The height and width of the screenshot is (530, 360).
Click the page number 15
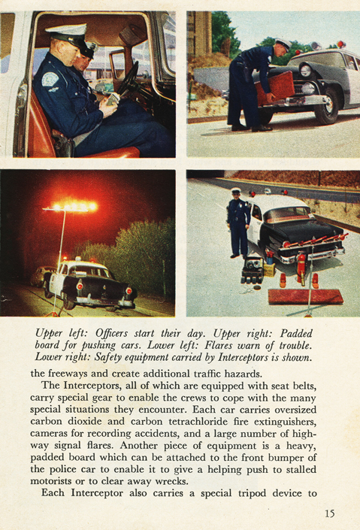coord(329,514)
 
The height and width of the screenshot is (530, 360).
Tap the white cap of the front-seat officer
coord(65,33)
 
